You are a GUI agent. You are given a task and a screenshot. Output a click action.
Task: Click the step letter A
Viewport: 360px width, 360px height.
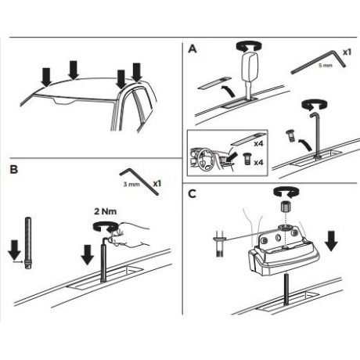click(193, 49)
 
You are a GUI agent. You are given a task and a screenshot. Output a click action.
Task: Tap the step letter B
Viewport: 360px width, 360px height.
click(13, 170)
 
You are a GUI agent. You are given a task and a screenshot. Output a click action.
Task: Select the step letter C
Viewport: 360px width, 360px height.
click(192, 194)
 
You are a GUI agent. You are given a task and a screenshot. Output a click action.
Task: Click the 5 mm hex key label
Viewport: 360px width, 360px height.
click(326, 65)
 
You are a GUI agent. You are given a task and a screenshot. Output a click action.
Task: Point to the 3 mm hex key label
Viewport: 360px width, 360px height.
click(131, 184)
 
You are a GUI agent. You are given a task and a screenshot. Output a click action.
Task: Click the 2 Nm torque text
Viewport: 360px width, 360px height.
click(106, 211)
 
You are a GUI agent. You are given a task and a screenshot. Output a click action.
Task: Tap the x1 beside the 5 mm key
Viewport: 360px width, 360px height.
click(347, 52)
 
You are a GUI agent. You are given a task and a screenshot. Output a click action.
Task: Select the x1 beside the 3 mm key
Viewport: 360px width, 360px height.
click(157, 184)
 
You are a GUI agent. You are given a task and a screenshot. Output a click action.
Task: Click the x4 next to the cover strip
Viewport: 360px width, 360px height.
click(258, 143)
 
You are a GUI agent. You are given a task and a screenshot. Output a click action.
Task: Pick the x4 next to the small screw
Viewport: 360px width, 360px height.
click(258, 163)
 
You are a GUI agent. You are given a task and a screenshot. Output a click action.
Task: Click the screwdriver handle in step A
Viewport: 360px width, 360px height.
click(249, 66)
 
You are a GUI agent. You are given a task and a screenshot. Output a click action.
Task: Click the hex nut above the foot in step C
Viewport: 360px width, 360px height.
click(286, 207)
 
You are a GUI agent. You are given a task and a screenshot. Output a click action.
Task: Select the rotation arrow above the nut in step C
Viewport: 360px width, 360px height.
click(286, 193)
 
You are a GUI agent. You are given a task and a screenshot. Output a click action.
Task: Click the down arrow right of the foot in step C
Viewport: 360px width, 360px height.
click(331, 241)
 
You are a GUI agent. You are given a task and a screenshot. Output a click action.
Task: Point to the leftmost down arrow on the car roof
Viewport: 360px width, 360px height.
click(47, 77)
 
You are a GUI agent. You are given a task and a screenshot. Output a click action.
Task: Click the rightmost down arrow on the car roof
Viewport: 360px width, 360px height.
click(137, 72)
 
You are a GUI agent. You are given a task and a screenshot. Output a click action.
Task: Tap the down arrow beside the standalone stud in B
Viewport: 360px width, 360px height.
click(14, 250)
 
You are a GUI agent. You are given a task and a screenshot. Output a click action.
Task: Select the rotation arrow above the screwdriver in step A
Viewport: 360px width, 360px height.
click(249, 46)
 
